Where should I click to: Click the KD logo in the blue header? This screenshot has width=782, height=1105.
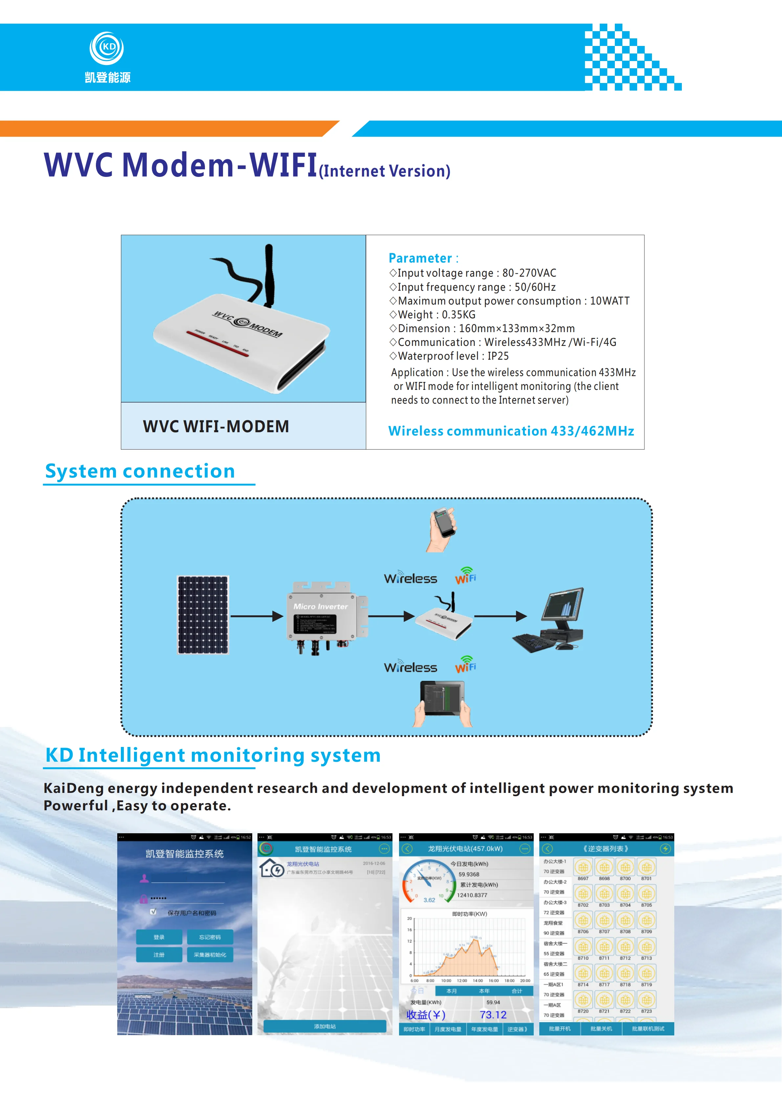pyautogui.click(x=107, y=48)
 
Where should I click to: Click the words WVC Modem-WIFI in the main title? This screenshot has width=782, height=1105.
pyautogui.click(x=181, y=165)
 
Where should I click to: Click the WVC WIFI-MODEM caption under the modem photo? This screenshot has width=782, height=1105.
pyautogui.click(x=216, y=426)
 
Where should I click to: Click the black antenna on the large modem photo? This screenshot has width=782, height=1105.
pyautogui.click(x=268, y=274)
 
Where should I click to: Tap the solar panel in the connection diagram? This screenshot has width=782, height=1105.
pyautogui.click(x=203, y=615)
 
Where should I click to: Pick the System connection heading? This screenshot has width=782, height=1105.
pyautogui.click(x=140, y=471)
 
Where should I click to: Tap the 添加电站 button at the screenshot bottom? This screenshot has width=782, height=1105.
pyautogui.click(x=324, y=1027)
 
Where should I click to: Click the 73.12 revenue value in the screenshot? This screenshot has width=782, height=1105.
pyautogui.click(x=493, y=1015)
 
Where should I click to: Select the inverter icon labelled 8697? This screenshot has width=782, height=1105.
pyautogui.click(x=583, y=867)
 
